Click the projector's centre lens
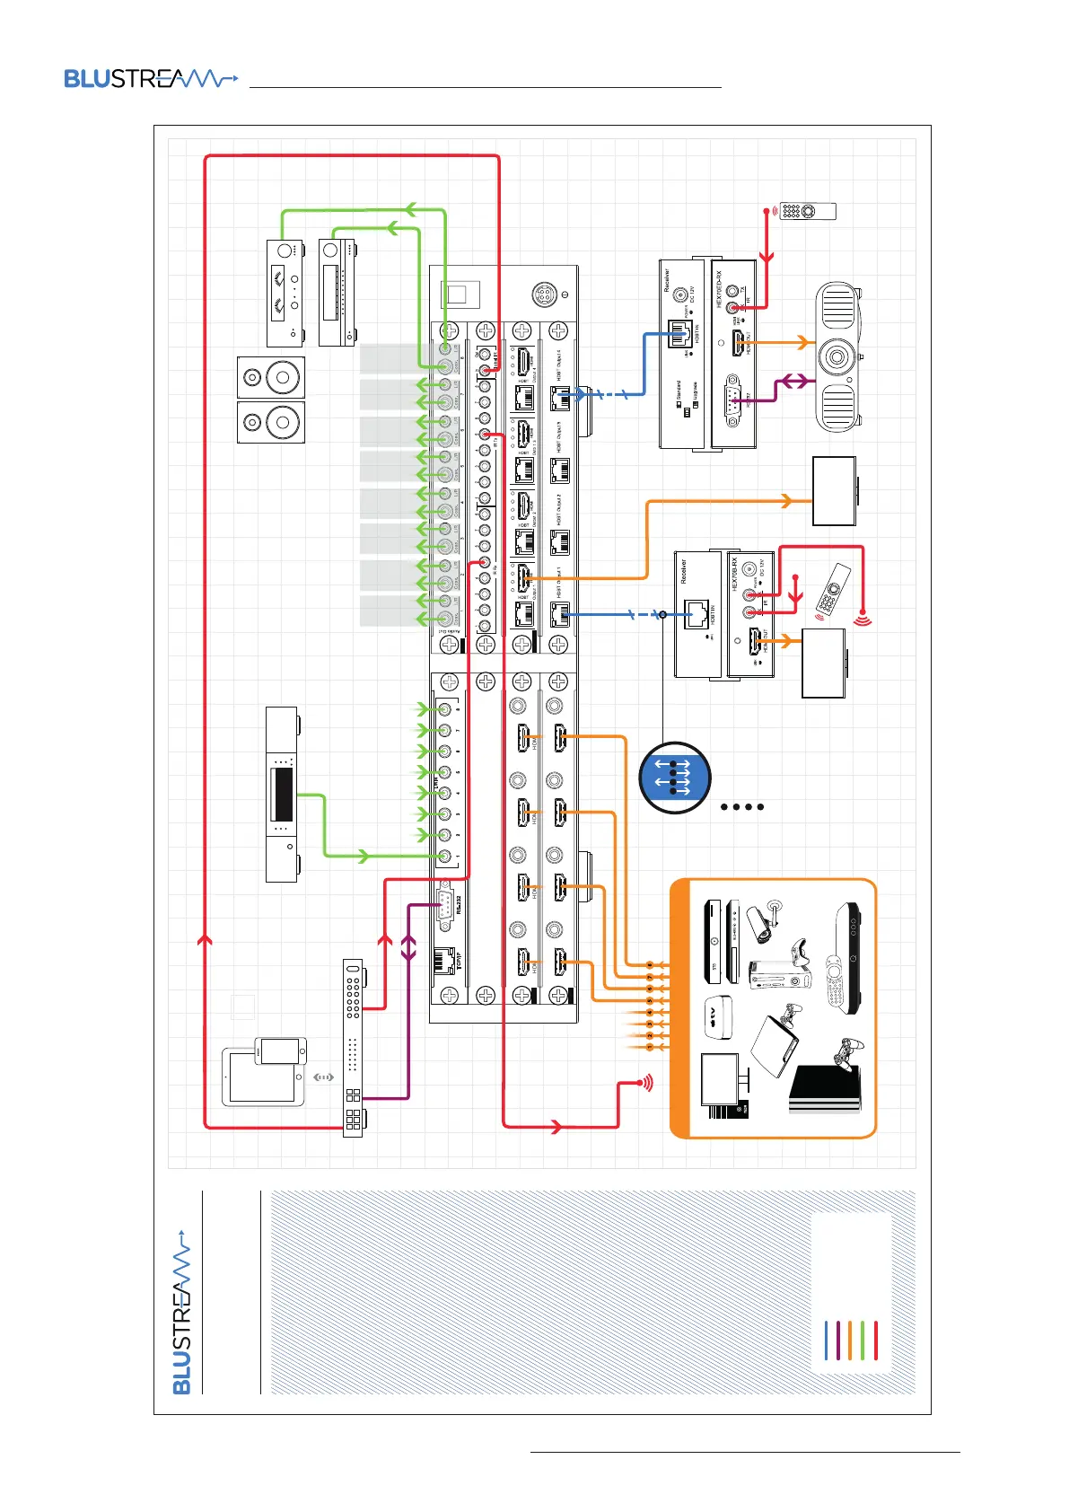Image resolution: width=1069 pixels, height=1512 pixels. (x=837, y=357)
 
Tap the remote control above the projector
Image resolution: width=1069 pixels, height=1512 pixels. (x=807, y=211)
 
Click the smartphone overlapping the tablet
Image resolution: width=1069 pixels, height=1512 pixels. (x=280, y=1050)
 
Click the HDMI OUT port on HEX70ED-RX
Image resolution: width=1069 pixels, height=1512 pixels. (x=738, y=341)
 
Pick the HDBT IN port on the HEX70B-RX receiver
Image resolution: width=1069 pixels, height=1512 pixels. (x=697, y=616)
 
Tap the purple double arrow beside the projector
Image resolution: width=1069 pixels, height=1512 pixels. (x=793, y=382)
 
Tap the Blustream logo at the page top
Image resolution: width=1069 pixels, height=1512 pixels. (x=150, y=79)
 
